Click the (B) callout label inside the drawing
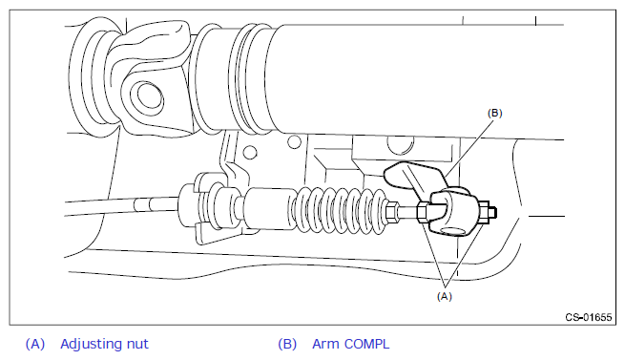[x=494, y=114]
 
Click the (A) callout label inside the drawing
[x=445, y=296]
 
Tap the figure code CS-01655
[x=589, y=317]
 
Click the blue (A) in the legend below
[x=35, y=344]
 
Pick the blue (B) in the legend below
[x=287, y=344]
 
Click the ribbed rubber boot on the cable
[x=341, y=209]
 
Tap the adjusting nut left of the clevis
[x=423, y=212]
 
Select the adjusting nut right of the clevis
[x=483, y=213]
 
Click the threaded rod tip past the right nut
[x=493, y=213]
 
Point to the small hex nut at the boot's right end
[x=392, y=211]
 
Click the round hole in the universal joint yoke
[x=149, y=95]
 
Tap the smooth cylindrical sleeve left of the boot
[x=269, y=208]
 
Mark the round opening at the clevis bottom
[x=453, y=231]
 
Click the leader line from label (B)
[x=469, y=148]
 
